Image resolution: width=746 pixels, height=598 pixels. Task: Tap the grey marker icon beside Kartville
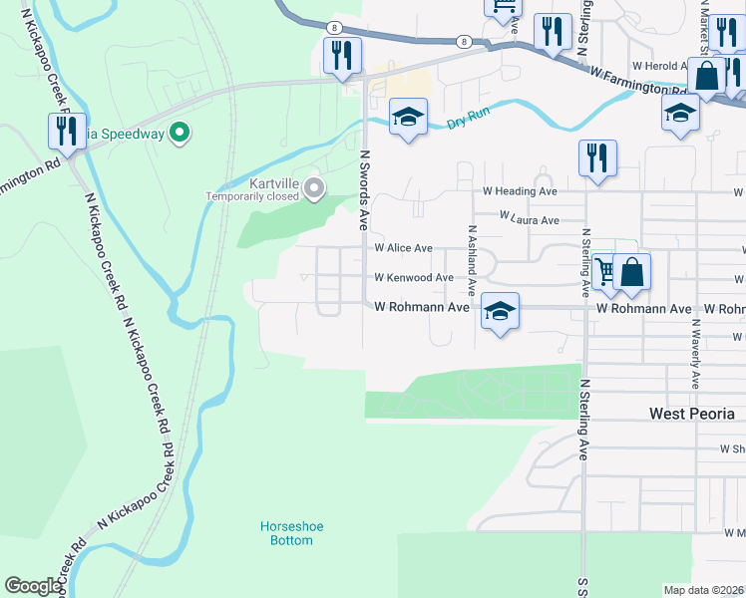tap(315, 187)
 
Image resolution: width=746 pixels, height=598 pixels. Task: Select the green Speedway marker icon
tap(180, 132)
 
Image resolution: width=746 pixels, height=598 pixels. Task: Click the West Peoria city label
tap(691, 414)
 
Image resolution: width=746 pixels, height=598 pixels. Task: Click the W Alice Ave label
tap(403, 248)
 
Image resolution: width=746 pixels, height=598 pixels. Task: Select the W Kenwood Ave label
tap(414, 278)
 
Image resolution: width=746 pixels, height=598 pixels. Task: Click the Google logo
tap(33, 586)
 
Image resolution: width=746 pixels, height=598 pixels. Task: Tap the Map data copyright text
tap(703, 590)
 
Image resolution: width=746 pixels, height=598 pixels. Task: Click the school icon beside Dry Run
tap(407, 118)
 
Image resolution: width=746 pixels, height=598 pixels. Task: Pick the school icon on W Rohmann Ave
tap(500, 311)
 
